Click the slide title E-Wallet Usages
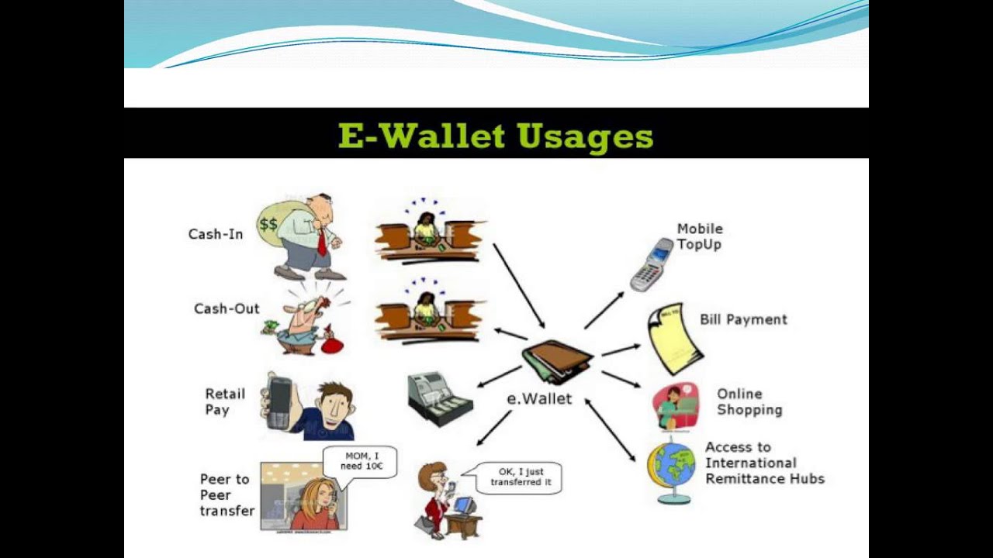[496, 136]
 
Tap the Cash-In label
[216, 234]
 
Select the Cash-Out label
[227, 308]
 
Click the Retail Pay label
[224, 401]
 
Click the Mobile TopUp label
[699, 236]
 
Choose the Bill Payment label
[743, 319]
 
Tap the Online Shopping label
[749, 401]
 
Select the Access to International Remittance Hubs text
[764, 463]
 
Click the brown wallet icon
[556, 361]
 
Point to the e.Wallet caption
[539, 399]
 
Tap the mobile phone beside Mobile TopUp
[651, 264]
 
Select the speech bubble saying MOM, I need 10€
[359, 463]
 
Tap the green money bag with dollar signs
[271, 225]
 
